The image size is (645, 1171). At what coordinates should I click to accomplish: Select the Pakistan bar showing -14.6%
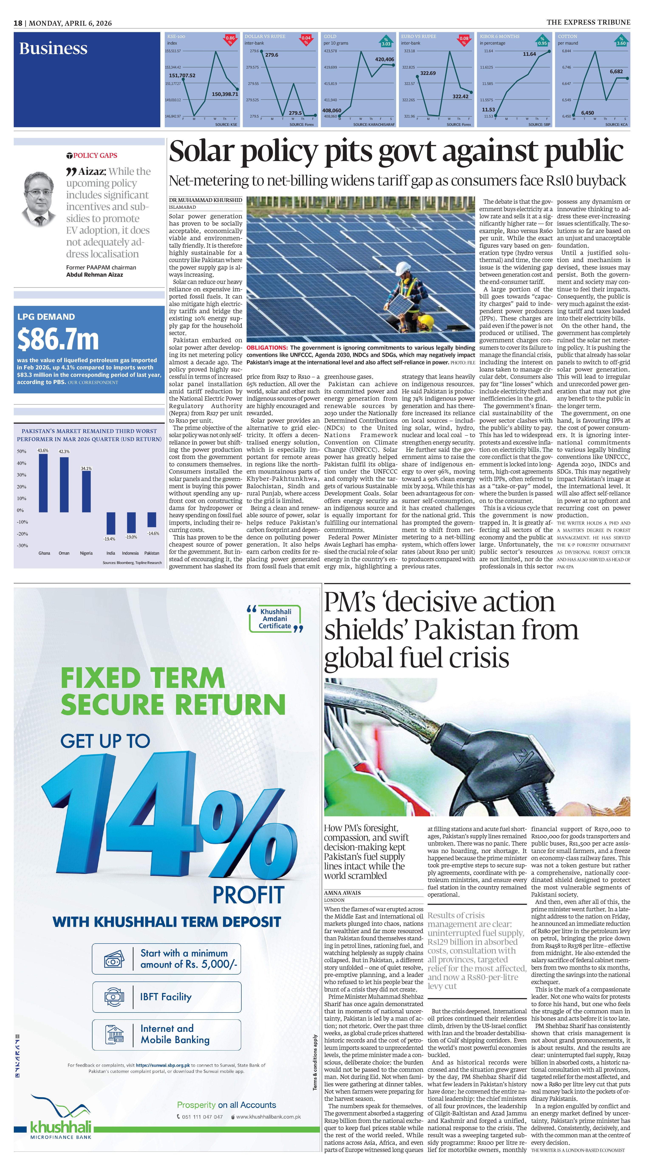point(151,519)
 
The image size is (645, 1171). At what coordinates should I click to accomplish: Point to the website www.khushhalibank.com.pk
point(268,1117)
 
